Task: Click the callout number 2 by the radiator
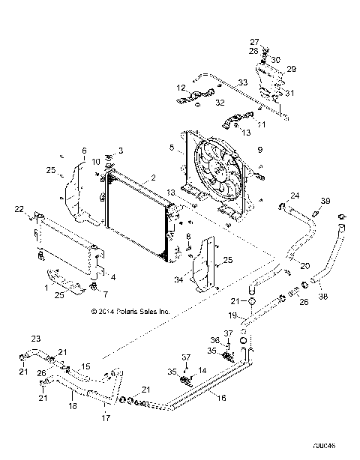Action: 153,178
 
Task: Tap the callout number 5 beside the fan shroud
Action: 172,148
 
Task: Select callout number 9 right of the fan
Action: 259,151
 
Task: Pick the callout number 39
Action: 325,202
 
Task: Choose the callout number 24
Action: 295,196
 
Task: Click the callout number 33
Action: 242,82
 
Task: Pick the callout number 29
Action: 291,68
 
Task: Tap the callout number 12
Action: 180,88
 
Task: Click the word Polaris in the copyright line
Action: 151,309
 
